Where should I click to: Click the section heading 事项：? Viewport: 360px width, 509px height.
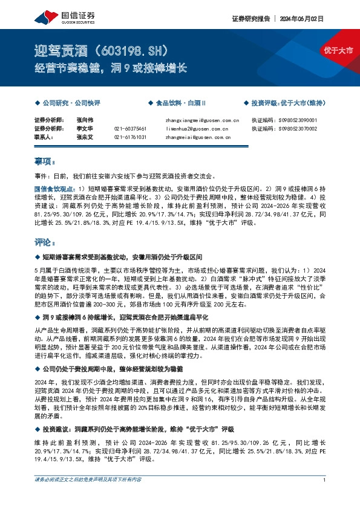pyautogui.click(x=45, y=162)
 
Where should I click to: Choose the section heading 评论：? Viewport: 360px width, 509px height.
pyautogui.click(x=45, y=242)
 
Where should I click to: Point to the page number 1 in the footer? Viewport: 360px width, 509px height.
pyautogui.click(x=325, y=498)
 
